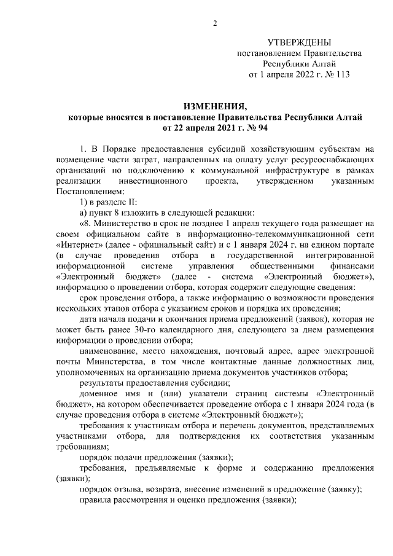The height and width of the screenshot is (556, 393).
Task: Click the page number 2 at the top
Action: coord(214,23)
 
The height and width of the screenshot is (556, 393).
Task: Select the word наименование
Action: coord(112,354)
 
